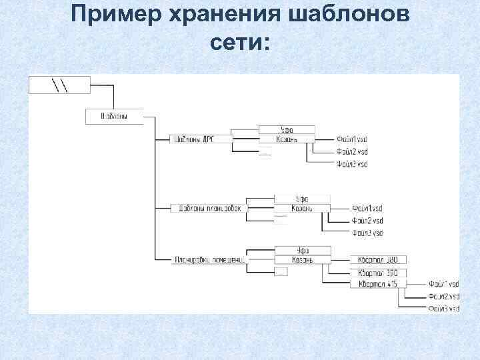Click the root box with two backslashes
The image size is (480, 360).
tap(59, 85)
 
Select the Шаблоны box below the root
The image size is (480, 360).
tap(115, 116)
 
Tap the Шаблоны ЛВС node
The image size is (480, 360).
tap(194, 139)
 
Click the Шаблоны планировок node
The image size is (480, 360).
tap(209, 208)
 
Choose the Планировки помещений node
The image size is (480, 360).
tap(209, 259)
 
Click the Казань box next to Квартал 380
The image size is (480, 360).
tap(302, 259)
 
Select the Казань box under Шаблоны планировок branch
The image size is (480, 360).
tap(301, 209)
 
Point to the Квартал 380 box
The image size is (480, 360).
tap(377, 259)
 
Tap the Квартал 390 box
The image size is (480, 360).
tap(377, 273)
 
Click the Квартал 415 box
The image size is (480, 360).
tap(377, 284)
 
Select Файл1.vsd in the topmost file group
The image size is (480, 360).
tap(352, 139)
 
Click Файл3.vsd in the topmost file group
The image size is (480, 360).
tap(352, 163)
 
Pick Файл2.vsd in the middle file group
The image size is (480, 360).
tap(367, 221)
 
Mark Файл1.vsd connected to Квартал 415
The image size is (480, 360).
tap(444, 285)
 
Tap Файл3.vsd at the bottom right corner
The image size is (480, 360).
tap(444, 309)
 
